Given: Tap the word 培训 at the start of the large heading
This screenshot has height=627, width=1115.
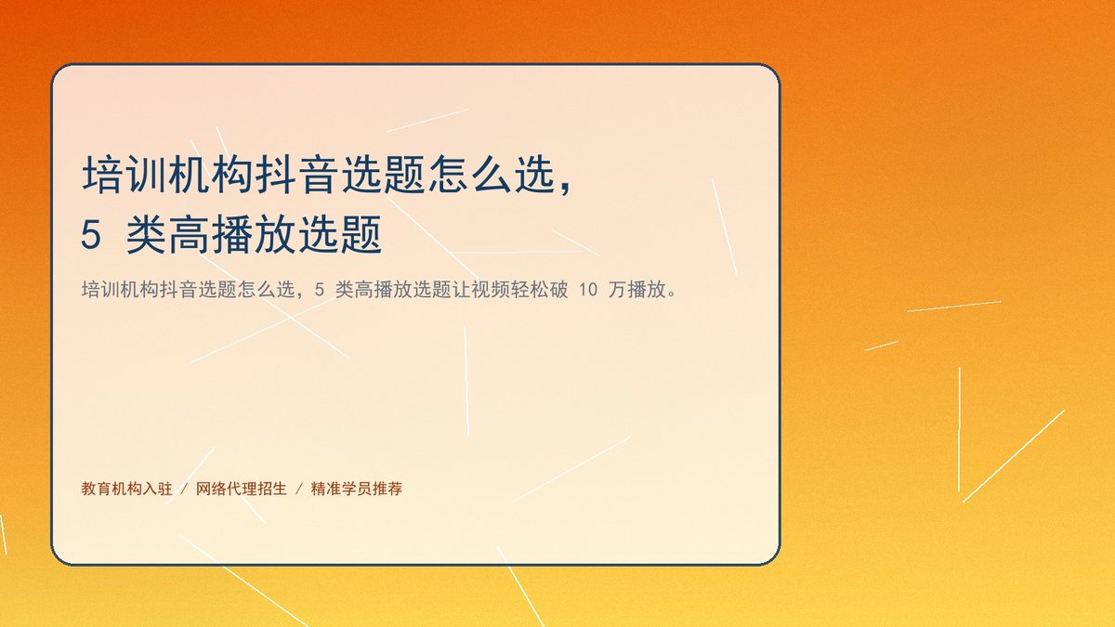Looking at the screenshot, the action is point(125,176).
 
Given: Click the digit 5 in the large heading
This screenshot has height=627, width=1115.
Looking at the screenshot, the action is point(91,235).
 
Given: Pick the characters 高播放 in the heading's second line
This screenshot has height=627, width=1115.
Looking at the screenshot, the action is point(233,235).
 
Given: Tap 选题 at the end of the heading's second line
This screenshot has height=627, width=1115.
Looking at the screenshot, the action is point(339,235).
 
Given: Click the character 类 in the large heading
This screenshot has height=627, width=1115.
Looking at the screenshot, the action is point(147,235).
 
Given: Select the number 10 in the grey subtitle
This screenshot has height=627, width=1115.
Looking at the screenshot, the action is point(588,290).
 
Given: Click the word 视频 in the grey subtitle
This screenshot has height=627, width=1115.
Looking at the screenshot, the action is point(490,290).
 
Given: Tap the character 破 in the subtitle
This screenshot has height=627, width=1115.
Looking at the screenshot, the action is point(558,290).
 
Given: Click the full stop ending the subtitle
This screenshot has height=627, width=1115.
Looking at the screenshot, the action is point(673,294).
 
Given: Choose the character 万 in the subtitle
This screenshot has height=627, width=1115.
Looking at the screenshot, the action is point(617,290).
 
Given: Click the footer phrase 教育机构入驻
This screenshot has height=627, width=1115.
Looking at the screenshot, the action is point(127,489).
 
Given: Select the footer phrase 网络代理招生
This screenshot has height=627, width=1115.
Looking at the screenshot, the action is point(242,489).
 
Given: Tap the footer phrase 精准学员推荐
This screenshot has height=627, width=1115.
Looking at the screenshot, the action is point(357,489).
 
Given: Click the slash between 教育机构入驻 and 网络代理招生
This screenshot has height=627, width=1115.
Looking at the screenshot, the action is point(184,490).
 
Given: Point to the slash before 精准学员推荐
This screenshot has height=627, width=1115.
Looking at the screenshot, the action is point(299,490).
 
